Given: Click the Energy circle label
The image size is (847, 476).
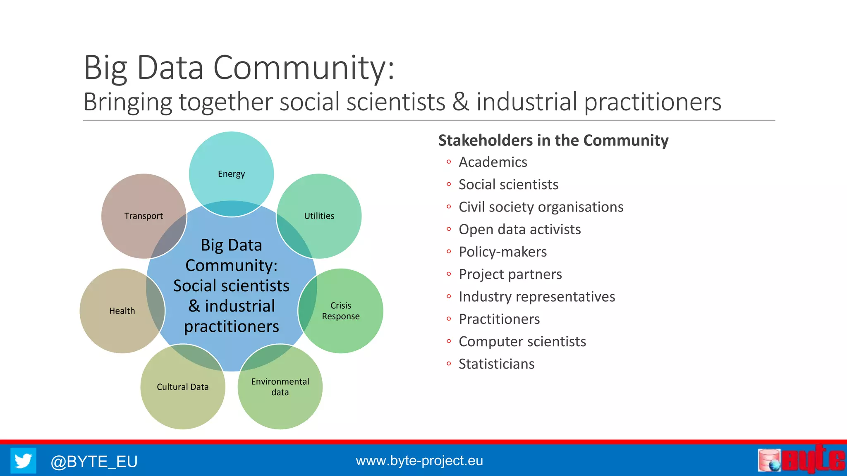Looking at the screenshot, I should (x=231, y=174).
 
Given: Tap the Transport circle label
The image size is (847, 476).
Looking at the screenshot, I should (x=144, y=216).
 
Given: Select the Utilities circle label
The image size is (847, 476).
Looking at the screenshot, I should (x=319, y=216).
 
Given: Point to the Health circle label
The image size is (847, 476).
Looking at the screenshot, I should (x=122, y=311).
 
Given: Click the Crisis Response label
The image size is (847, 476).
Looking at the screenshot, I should (x=341, y=311).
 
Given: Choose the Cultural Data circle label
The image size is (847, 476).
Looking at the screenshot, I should (x=182, y=387).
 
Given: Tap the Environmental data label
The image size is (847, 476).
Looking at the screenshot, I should (x=280, y=387).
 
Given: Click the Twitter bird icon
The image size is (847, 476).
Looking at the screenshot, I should (x=23, y=461).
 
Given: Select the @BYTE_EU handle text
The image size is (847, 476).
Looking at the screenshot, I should (x=94, y=462).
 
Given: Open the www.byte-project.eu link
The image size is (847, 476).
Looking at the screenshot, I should (x=419, y=461).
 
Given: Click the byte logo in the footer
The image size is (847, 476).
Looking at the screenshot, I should (x=801, y=459).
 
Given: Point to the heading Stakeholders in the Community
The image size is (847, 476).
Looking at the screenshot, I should (x=553, y=140).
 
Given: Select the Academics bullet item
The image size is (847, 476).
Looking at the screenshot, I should (x=493, y=162).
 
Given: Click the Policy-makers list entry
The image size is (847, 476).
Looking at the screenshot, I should (x=502, y=252).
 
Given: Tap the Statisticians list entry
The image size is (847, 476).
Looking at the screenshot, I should (x=496, y=364).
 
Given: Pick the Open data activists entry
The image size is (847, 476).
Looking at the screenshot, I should (x=519, y=229).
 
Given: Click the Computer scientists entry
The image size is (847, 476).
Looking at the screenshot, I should (x=522, y=342).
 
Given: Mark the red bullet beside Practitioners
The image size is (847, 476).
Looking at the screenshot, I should (x=449, y=319).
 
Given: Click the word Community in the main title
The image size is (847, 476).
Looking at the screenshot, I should (x=303, y=67).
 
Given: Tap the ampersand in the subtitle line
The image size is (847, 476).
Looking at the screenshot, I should (x=461, y=102).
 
